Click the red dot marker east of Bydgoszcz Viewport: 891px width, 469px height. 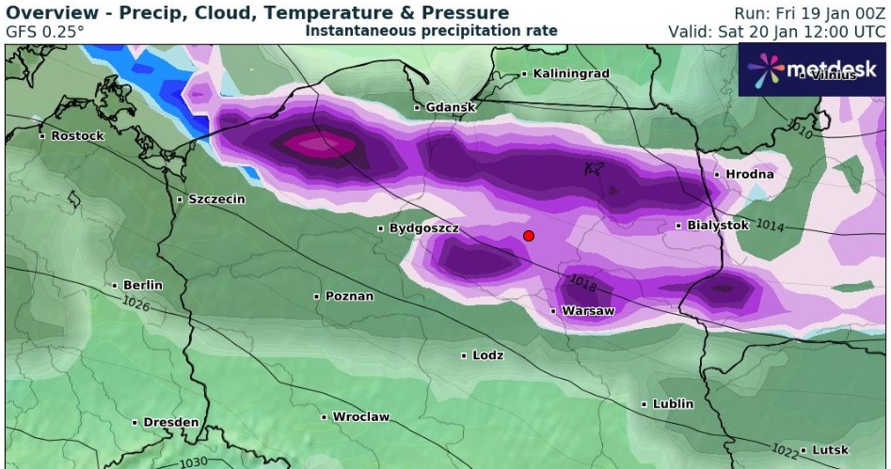(x=529, y=236)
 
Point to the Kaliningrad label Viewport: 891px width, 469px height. (x=571, y=73)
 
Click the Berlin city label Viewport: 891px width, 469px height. (x=142, y=285)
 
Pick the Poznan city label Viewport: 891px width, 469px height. (x=349, y=296)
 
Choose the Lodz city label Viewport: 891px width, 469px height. (x=487, y=355)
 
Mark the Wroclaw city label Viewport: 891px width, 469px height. (x=360, y=416)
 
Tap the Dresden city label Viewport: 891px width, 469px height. (x=170, y=422)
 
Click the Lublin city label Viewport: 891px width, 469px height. (x=673, y=404)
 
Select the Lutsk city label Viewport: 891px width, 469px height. (x=829, y=450)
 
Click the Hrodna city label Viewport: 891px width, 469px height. (x=749, y=174)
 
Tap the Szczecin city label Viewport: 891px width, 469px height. (x=216, y=199)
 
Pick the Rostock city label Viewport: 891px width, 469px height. (x=77, y=135)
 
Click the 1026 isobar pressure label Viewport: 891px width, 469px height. (x=135, y=303)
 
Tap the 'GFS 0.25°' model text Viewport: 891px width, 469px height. (x=44, y=31)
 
